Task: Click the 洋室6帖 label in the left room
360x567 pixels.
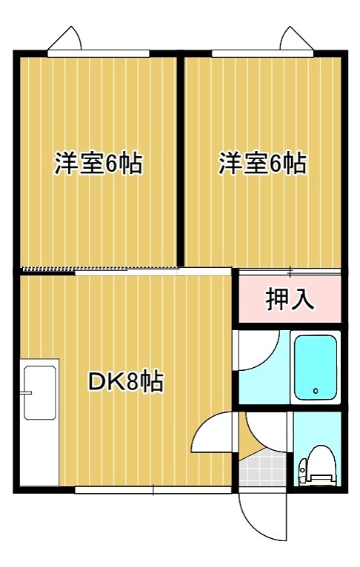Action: (x=98, y=164)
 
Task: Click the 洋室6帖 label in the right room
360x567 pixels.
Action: (x=262, y=164)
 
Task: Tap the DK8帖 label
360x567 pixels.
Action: (x=126, y=382)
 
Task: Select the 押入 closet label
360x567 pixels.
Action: (x=290, y=299)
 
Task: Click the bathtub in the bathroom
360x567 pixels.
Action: (x=316, y=368)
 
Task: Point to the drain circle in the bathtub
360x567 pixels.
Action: (x=315, y=391)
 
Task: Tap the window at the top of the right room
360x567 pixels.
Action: (x=263, y=53)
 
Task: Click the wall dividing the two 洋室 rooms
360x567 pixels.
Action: (x=180, y=159)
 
